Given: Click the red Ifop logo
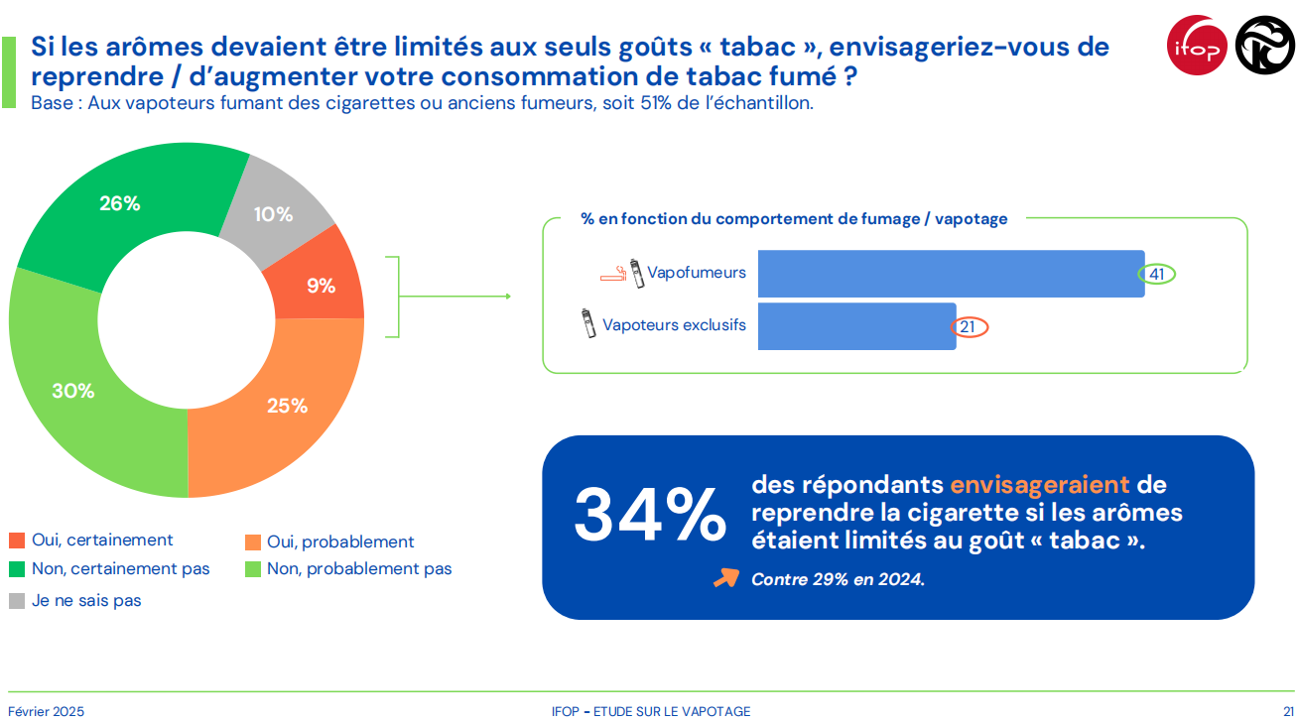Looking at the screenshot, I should (1197, 46).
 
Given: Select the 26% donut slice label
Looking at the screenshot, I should (120, 203).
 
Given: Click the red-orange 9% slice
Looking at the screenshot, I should (321, 285).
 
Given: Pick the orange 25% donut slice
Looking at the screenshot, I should (286, 405).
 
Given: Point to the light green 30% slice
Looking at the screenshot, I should (73, 390).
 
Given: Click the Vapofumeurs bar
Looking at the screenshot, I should (951, 273).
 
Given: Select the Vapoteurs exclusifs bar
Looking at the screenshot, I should (856, 326).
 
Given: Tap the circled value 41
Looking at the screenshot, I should (1156, 274).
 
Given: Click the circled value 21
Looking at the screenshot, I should (970, 327).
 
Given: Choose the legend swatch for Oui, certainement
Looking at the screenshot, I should (16, 541).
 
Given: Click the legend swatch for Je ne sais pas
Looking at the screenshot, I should (16, 601).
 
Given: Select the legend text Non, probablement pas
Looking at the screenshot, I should (359, 569).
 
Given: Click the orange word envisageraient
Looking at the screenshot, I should (1039, 485).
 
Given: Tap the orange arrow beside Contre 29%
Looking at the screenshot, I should (726, 578).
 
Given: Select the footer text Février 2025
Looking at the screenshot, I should (47, 711).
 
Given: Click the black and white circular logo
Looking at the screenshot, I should (1264, 46).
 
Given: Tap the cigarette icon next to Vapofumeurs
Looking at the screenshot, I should (612, 275).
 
